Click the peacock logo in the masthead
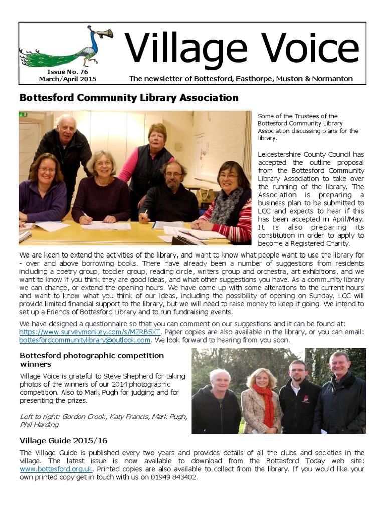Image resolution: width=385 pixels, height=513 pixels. click(x=65, y=47)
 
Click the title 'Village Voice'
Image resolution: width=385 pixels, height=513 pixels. click(x=242, y=49)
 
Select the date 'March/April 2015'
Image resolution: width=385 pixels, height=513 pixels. click(x=68, y=79)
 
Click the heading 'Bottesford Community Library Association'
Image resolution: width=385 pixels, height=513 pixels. click(x=128, y=98)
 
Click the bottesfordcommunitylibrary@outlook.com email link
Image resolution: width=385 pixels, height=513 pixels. click(x=85, y=340)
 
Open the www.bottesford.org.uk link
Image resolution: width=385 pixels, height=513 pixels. click(x=56, y=469)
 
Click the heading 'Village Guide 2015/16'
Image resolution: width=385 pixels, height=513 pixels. click(x=63, y=441)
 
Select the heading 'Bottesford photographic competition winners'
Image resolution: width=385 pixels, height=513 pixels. click(x=91, y=359)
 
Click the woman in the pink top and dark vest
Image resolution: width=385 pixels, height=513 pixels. click(x=153, y=155)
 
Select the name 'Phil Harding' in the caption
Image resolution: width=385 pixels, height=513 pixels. click(x=39, y=425)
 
